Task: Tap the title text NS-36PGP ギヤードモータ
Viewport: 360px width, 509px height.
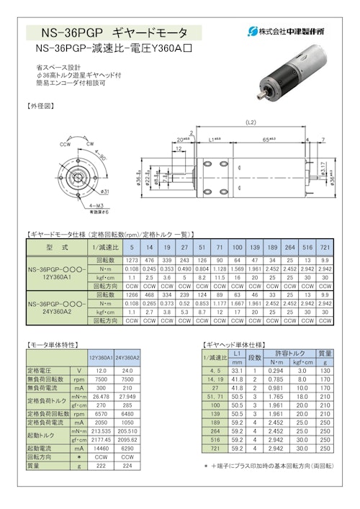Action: (115, 32)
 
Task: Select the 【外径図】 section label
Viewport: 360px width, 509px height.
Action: (41, 105)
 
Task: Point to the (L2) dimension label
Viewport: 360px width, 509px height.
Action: (250, 121)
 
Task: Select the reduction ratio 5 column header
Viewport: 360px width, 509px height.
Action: (132, 246)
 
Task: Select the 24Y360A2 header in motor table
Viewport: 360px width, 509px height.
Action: (127, 357)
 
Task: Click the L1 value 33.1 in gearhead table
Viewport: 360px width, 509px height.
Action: (238, 370)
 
